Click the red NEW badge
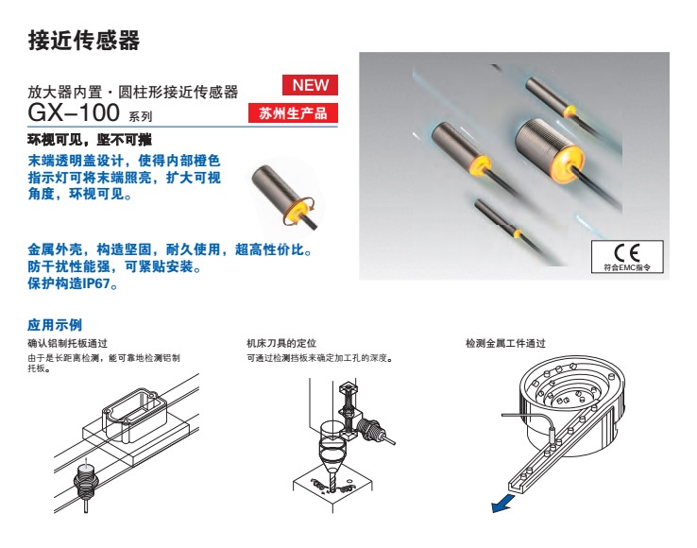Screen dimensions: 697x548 [x=310, y=85]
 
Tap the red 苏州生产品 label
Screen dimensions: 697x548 [x=293, y=113]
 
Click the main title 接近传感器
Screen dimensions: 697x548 [x=83, y=40]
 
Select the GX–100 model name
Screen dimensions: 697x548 [x=74, y=112]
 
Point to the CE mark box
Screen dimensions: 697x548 [x=627, y=257]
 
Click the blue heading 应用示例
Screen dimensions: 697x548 [x=55, y=325]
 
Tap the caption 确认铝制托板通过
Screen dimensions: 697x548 [x=68, y=343]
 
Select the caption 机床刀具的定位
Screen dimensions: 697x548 [x=281, y=343]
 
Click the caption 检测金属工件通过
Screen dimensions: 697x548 [x=505, y=343]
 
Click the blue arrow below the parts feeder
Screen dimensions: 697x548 [x=503, y=504]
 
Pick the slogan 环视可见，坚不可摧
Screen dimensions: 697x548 [x=90, y=140]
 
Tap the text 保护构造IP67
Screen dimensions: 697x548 [x=73, y=283]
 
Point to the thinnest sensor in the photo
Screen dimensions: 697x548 [x=498, y=219]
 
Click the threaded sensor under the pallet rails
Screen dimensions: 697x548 [x=84, y=482]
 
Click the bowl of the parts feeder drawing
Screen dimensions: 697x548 [x=573, y=407]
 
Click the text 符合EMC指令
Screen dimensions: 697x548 [x=627, y=267]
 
